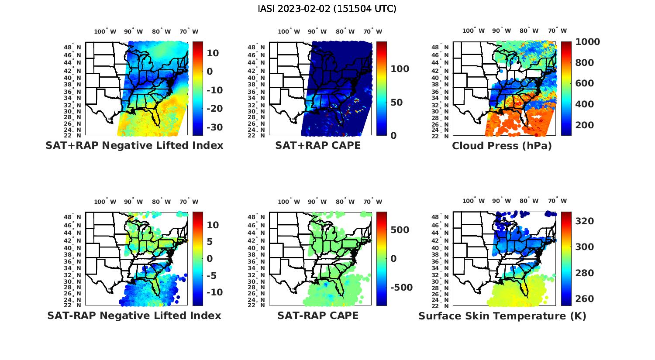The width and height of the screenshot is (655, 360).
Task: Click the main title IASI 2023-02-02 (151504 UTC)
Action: tap(327, 9)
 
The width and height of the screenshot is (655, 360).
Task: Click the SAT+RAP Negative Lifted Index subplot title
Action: tap(134, 145)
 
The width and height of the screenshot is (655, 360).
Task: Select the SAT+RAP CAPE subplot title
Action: tap(318, 145)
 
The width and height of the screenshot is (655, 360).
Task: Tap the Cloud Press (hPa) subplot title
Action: tap(502, 146)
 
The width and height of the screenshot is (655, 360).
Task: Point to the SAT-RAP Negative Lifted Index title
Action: tap(134, 315)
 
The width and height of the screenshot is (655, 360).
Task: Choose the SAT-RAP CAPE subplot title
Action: tap(318, 315)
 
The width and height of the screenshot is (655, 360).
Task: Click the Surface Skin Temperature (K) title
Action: tap(502, 316)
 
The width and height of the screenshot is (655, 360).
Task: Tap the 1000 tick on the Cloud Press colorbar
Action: tap(587, 42)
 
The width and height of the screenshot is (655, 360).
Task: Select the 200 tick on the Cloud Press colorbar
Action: tap(585, 125)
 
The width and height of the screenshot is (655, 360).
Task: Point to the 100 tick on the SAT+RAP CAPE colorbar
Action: tap(400, 69)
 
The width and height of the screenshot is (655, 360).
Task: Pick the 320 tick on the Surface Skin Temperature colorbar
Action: tap(585, 221)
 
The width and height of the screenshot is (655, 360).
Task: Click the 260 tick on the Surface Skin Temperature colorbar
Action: tap(585, 299)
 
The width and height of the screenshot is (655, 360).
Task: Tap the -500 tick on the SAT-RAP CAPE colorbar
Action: tap(401, 288)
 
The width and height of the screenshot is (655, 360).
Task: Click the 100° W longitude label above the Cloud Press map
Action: tap(473, 31)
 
